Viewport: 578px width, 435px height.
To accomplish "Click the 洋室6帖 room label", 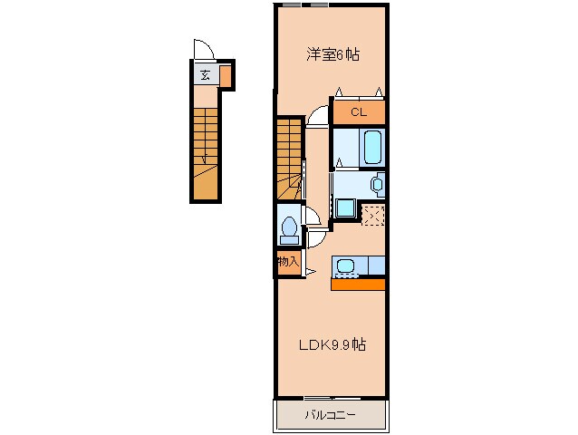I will click(332, 55).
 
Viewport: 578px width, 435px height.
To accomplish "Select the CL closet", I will click(358, 112).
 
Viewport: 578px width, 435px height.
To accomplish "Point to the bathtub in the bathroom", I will click(372, 145).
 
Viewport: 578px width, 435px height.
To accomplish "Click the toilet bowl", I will click(290, 227).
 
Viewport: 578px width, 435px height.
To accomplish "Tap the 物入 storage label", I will click(288, 262).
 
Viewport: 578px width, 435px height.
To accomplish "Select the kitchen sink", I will click(346, 266).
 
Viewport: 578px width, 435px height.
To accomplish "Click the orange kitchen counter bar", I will click(358, 285).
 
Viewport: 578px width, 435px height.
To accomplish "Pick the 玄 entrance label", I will click(205, 75).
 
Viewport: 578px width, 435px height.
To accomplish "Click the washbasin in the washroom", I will click(377, 184).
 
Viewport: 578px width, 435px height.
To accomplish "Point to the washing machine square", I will click(345, 208).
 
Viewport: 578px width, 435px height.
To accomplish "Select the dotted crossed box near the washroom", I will click(373, 214).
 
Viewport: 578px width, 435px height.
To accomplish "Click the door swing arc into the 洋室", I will click(317, 115).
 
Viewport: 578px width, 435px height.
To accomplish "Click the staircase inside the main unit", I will click(289, 149).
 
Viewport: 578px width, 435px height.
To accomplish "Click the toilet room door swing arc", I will click(310, 216).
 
